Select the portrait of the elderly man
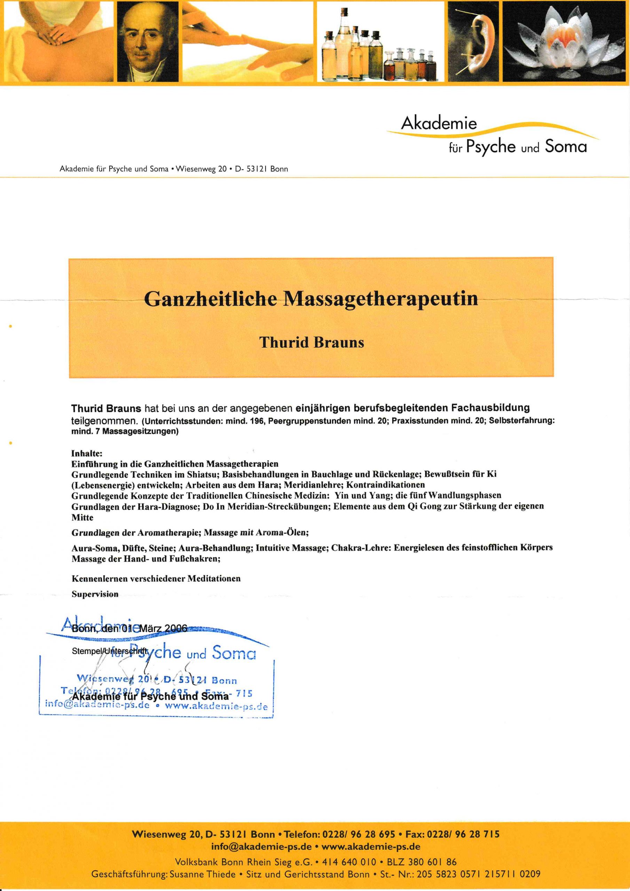coord(148,41)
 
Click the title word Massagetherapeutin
coord(381,298)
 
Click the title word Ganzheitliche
coord(211,298)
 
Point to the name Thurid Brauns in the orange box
coord(312,342)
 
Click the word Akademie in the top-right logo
coord(439,124)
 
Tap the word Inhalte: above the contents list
coord(87,453)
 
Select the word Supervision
coord(95,594)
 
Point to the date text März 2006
coord(163,628)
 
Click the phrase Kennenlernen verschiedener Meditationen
coord(156,578)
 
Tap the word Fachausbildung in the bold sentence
coord(490,408)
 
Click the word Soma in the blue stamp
coord(234,653)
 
